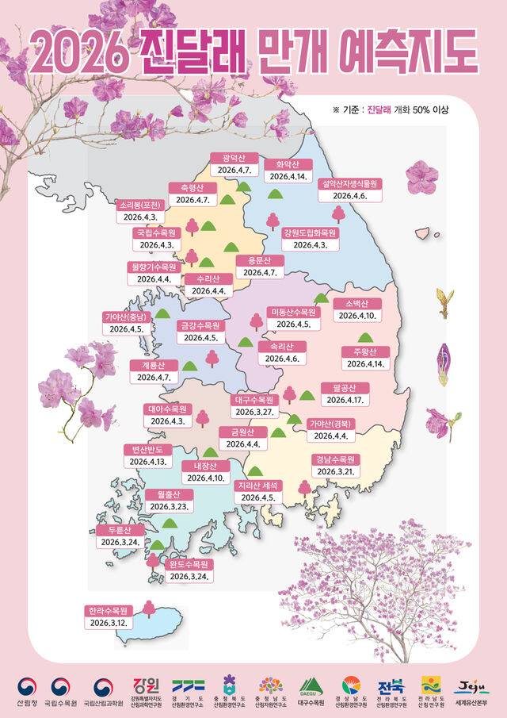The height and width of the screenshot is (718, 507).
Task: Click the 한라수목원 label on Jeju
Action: click(x=110, y=610)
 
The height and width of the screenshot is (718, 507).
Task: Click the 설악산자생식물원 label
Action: click(x=349, y=182)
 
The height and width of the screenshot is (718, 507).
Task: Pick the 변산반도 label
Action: click(x=148, y=449)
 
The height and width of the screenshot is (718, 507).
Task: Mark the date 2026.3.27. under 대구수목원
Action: click(x=253, y=412)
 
